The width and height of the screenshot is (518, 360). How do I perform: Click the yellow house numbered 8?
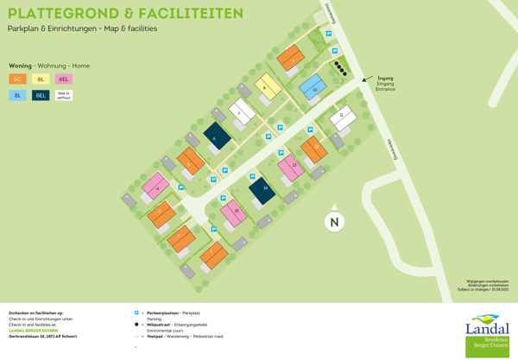pyautogui.click(x=268, y=86)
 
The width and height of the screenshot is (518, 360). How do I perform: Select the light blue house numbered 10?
pyautogui.click(x=314, y=88)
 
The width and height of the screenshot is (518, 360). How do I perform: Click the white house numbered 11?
pyautogui.click(x=343, y=116)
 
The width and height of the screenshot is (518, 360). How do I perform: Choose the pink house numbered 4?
pyautogui.click(x=157, y=184)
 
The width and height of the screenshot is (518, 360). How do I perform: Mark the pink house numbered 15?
pyautogui.click(x=234, y=211)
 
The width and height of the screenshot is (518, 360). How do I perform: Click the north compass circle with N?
pyautogui.click(x=333, y=222)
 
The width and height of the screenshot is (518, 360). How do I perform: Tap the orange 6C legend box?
pyautogui.click(x=18, y=79)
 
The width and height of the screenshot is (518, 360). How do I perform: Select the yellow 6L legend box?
pyautogui.click(x=41, y=79)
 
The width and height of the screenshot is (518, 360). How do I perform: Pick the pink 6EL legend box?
pyautogui.click(x=63, y=79)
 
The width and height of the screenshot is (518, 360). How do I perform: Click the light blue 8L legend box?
pyautogui.click(x=18, y=96)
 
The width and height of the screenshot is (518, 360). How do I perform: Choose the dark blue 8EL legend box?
pyautogui.click(x=41, y=96)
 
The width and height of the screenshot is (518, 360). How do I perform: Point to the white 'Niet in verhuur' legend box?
pyautogui.click(x=63, y=96)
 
